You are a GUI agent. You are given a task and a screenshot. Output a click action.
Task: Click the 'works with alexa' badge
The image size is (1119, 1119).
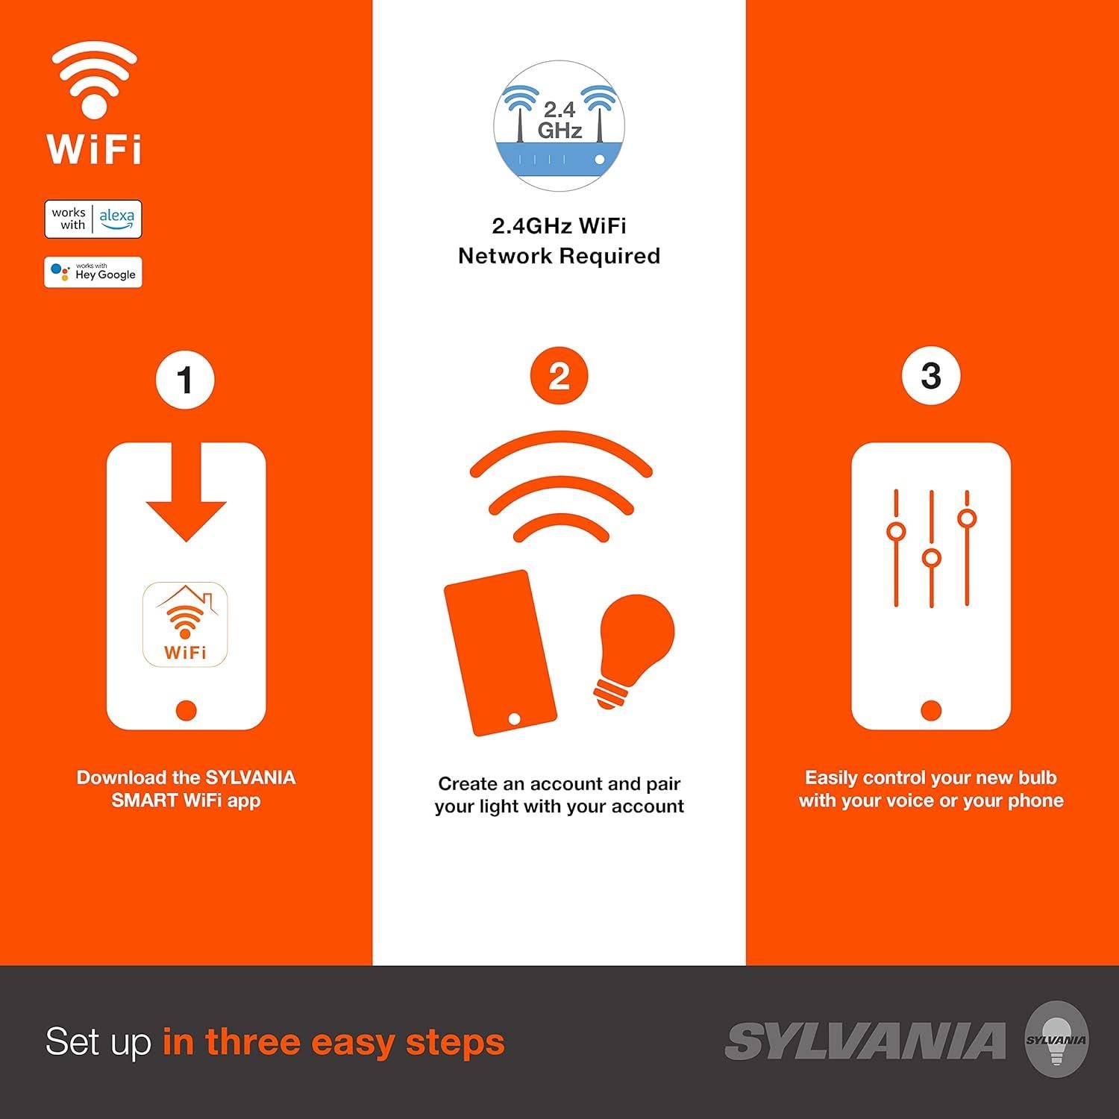tap(93, 219)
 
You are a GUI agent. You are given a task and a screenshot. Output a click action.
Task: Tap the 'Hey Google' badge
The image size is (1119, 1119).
tap(93, 272)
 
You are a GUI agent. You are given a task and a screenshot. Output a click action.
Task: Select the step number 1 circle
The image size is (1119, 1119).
tap(185, 380)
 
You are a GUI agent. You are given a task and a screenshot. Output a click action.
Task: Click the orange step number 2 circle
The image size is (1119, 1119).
tap(559, 376)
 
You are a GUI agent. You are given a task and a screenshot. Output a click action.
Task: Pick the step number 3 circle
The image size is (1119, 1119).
tap(930, 376)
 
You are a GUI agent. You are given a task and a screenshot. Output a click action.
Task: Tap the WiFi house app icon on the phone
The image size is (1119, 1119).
tap(185, 624)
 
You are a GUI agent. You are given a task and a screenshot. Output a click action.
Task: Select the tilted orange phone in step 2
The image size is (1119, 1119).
tap(500, 653)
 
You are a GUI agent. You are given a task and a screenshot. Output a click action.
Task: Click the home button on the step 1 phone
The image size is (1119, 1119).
tap(186, 709)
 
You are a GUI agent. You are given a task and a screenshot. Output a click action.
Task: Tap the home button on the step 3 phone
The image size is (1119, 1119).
tap(931, 709)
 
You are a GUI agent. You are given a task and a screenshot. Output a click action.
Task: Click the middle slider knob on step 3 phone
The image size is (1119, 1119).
tap(931, 558)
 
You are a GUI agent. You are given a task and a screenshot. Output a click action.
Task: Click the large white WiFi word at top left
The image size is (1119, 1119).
tap(94, 149)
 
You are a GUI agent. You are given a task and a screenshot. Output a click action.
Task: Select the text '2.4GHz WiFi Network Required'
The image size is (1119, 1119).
tap(559, 240)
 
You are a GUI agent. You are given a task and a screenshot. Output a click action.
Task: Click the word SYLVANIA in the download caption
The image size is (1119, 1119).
tap(251, 777)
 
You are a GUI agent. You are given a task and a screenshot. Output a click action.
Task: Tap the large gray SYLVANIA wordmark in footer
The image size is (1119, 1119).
tap(865, 1041)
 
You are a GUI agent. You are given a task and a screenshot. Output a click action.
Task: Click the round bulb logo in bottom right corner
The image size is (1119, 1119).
tap(1056, 1040)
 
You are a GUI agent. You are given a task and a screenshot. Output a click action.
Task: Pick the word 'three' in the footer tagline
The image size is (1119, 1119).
tap(251, 1041)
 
